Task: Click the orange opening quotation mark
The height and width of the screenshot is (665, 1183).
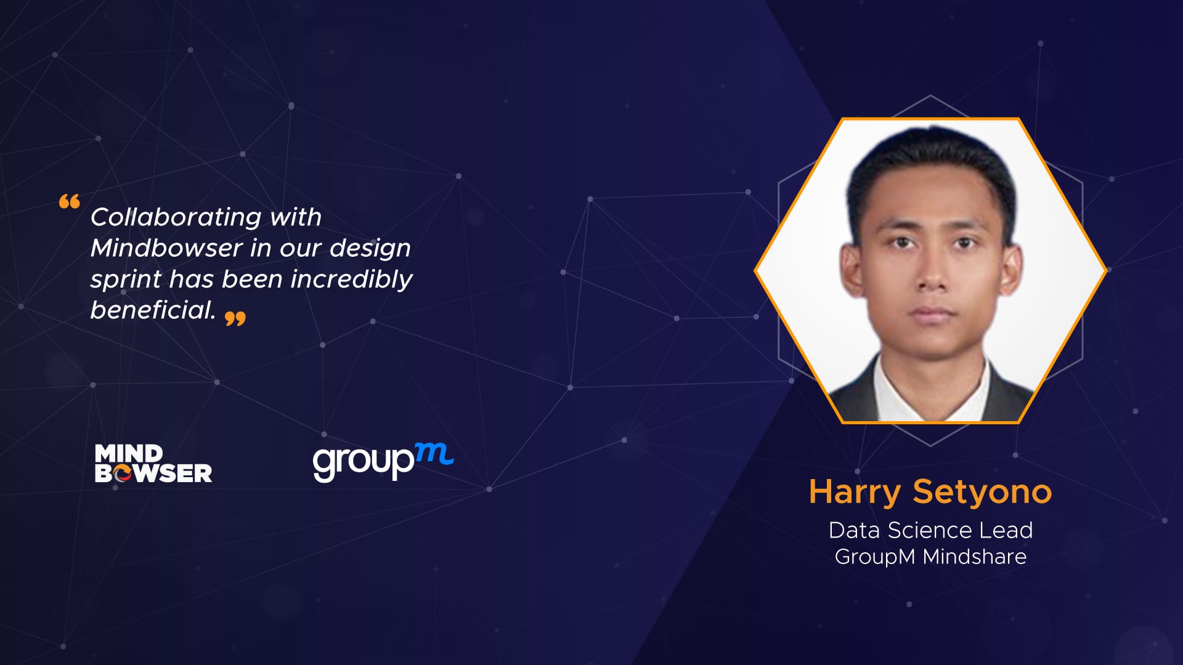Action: coord(70,201)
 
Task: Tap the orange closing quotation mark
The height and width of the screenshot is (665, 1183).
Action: coord(235,318)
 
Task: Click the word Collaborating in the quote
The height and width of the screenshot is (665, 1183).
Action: coord(176,217)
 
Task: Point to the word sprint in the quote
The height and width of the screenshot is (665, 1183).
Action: coord(126,280)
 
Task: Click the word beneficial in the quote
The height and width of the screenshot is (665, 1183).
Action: coord(153,309)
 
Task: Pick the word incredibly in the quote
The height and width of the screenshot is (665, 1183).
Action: coord(351,280)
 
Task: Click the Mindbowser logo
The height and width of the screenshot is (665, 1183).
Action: coord(153,463)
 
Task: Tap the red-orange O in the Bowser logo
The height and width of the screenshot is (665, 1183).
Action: coord(123,473)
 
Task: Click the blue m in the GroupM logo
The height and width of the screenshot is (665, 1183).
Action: coord(434,454)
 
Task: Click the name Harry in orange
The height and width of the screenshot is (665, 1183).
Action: coord(855,493)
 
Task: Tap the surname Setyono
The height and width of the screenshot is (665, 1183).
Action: coord(982,493)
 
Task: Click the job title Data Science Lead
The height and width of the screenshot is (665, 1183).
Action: coord(930,530)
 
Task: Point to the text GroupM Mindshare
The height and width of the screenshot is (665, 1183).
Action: coord(930,557)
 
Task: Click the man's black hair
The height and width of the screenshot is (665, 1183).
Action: coord(932,160)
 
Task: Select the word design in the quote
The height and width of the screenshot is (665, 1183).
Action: coord(370,249)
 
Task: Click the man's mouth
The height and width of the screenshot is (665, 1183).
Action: coord(932,313)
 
